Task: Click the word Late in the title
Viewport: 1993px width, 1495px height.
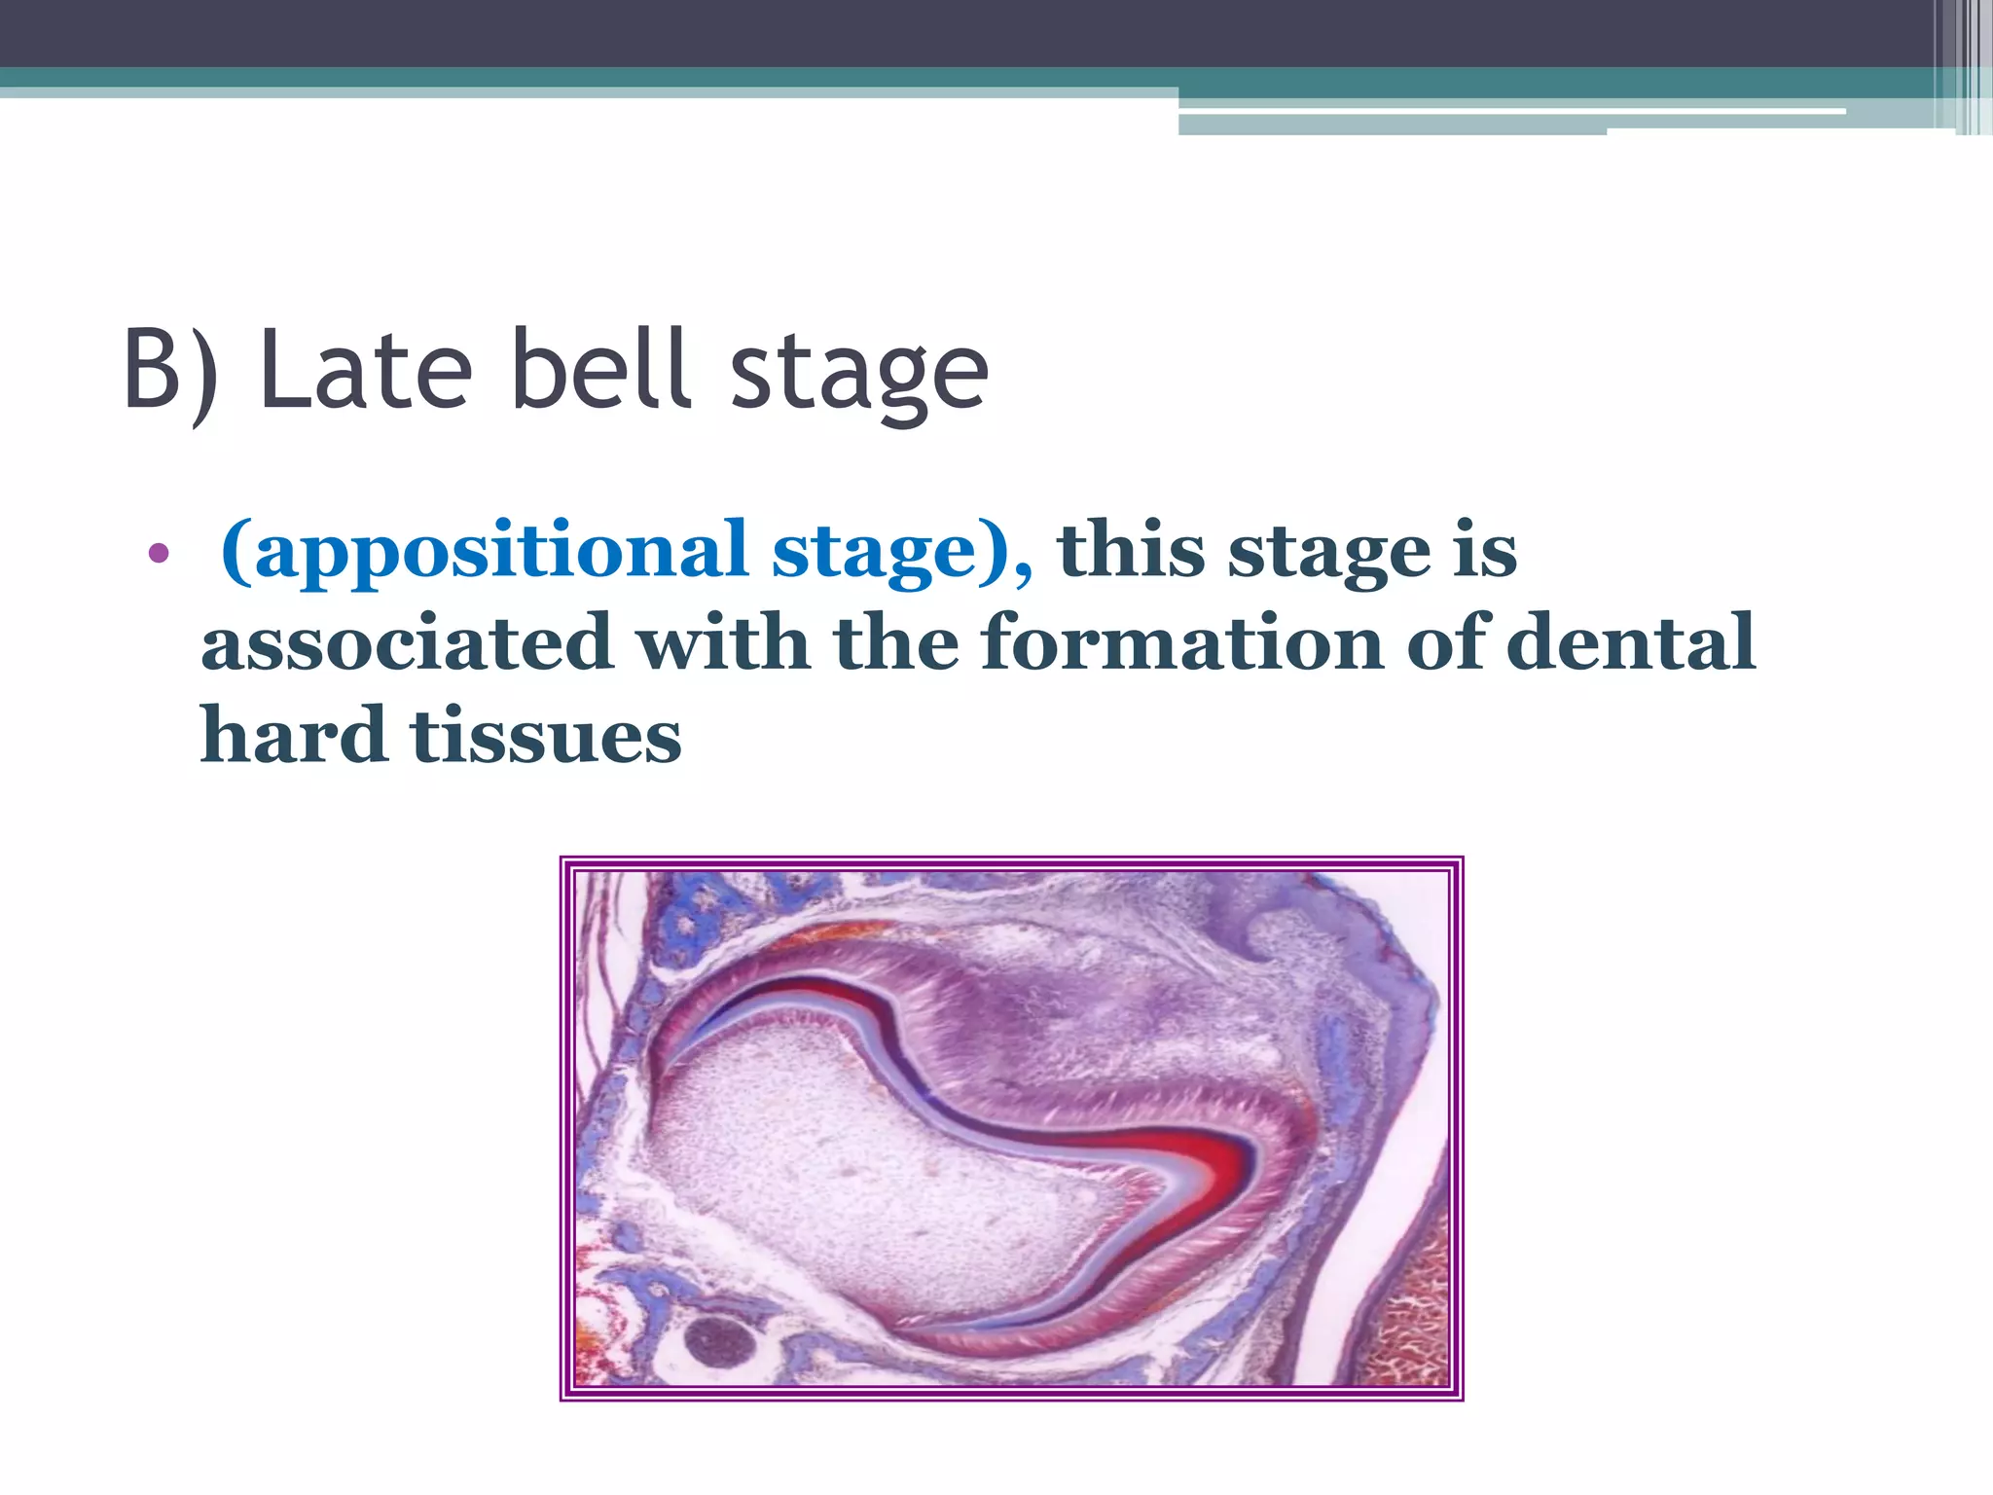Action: (366, 370)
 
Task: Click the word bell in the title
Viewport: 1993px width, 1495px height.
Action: (601, 370)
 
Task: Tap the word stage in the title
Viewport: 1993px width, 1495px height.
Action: (858, 375)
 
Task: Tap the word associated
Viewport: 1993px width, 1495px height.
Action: (406, 643)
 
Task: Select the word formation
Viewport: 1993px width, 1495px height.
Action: (1181, 643)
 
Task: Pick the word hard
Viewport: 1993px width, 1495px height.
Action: (293, 736)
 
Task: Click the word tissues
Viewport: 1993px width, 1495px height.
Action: (546, 736)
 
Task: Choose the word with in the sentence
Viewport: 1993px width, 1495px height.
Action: (723, 643)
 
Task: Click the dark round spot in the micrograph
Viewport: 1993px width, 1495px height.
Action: (720, 1342)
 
